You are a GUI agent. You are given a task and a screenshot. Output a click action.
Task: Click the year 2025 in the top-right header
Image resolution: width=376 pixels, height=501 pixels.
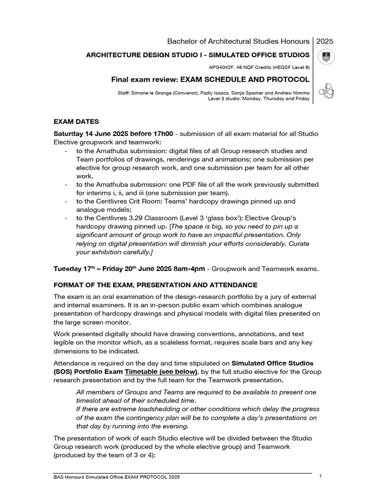click(324, 41)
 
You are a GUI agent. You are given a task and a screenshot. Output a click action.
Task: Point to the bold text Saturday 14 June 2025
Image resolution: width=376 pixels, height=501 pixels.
click(91, 134)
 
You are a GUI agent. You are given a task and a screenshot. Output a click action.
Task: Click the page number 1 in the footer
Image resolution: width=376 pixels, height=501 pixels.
click(320, 477)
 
